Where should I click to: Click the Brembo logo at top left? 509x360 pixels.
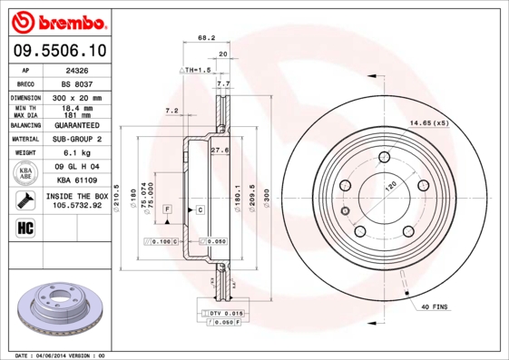(x=57, y=20)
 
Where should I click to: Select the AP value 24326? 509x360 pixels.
(x=77, y=69)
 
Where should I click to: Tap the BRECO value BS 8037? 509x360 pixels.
(x=77, y=83)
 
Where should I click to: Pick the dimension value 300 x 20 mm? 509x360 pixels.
(x=77, y=96)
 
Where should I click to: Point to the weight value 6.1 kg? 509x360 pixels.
(x=77, y=153)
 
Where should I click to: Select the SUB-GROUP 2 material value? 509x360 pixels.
(x=77, y=139)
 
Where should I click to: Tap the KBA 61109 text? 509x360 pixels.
(x=77, y=181)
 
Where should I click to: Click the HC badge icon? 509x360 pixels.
(x=25, y=228)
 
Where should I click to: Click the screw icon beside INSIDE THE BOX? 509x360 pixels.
(x=25, y=201)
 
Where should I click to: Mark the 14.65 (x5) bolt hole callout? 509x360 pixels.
(x=428, y=122)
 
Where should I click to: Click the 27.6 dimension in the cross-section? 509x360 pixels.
(x=218, y=150)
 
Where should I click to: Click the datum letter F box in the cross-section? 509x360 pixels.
(x=168, y=209)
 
